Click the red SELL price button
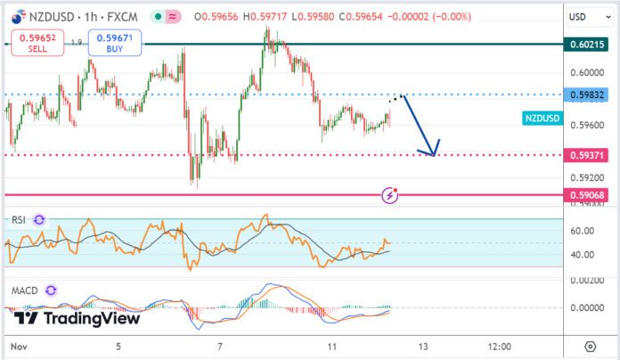pyautogui.click(x=37, y=43)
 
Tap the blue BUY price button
pyautogui.click(x=115, y=43)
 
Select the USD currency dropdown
pyautogui.click(x=590, y=17)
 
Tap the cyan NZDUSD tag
pyautogui.click(x=542, y=119)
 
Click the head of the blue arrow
pyautogui.click(x=434, y=155)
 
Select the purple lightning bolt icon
pyautogui.click(x=389, y=195)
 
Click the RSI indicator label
pyautogui.click(x=19, y=220)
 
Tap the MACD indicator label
pyautogui.click(x=25, y=290)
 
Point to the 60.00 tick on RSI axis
pyautogui.click(x=582, y=231)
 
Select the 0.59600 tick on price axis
pyautogui.click(x=587, y=126)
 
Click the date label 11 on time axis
pyautogui.click(x=332, y=347)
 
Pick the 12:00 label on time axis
pyautogui.click(x=500, y=347)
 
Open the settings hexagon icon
pyautogui.click(x=590, y=347)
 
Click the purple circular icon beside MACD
pyautogui.click(x=51, y=290)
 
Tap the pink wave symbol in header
pyautogui.click(x=173, y=17)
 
